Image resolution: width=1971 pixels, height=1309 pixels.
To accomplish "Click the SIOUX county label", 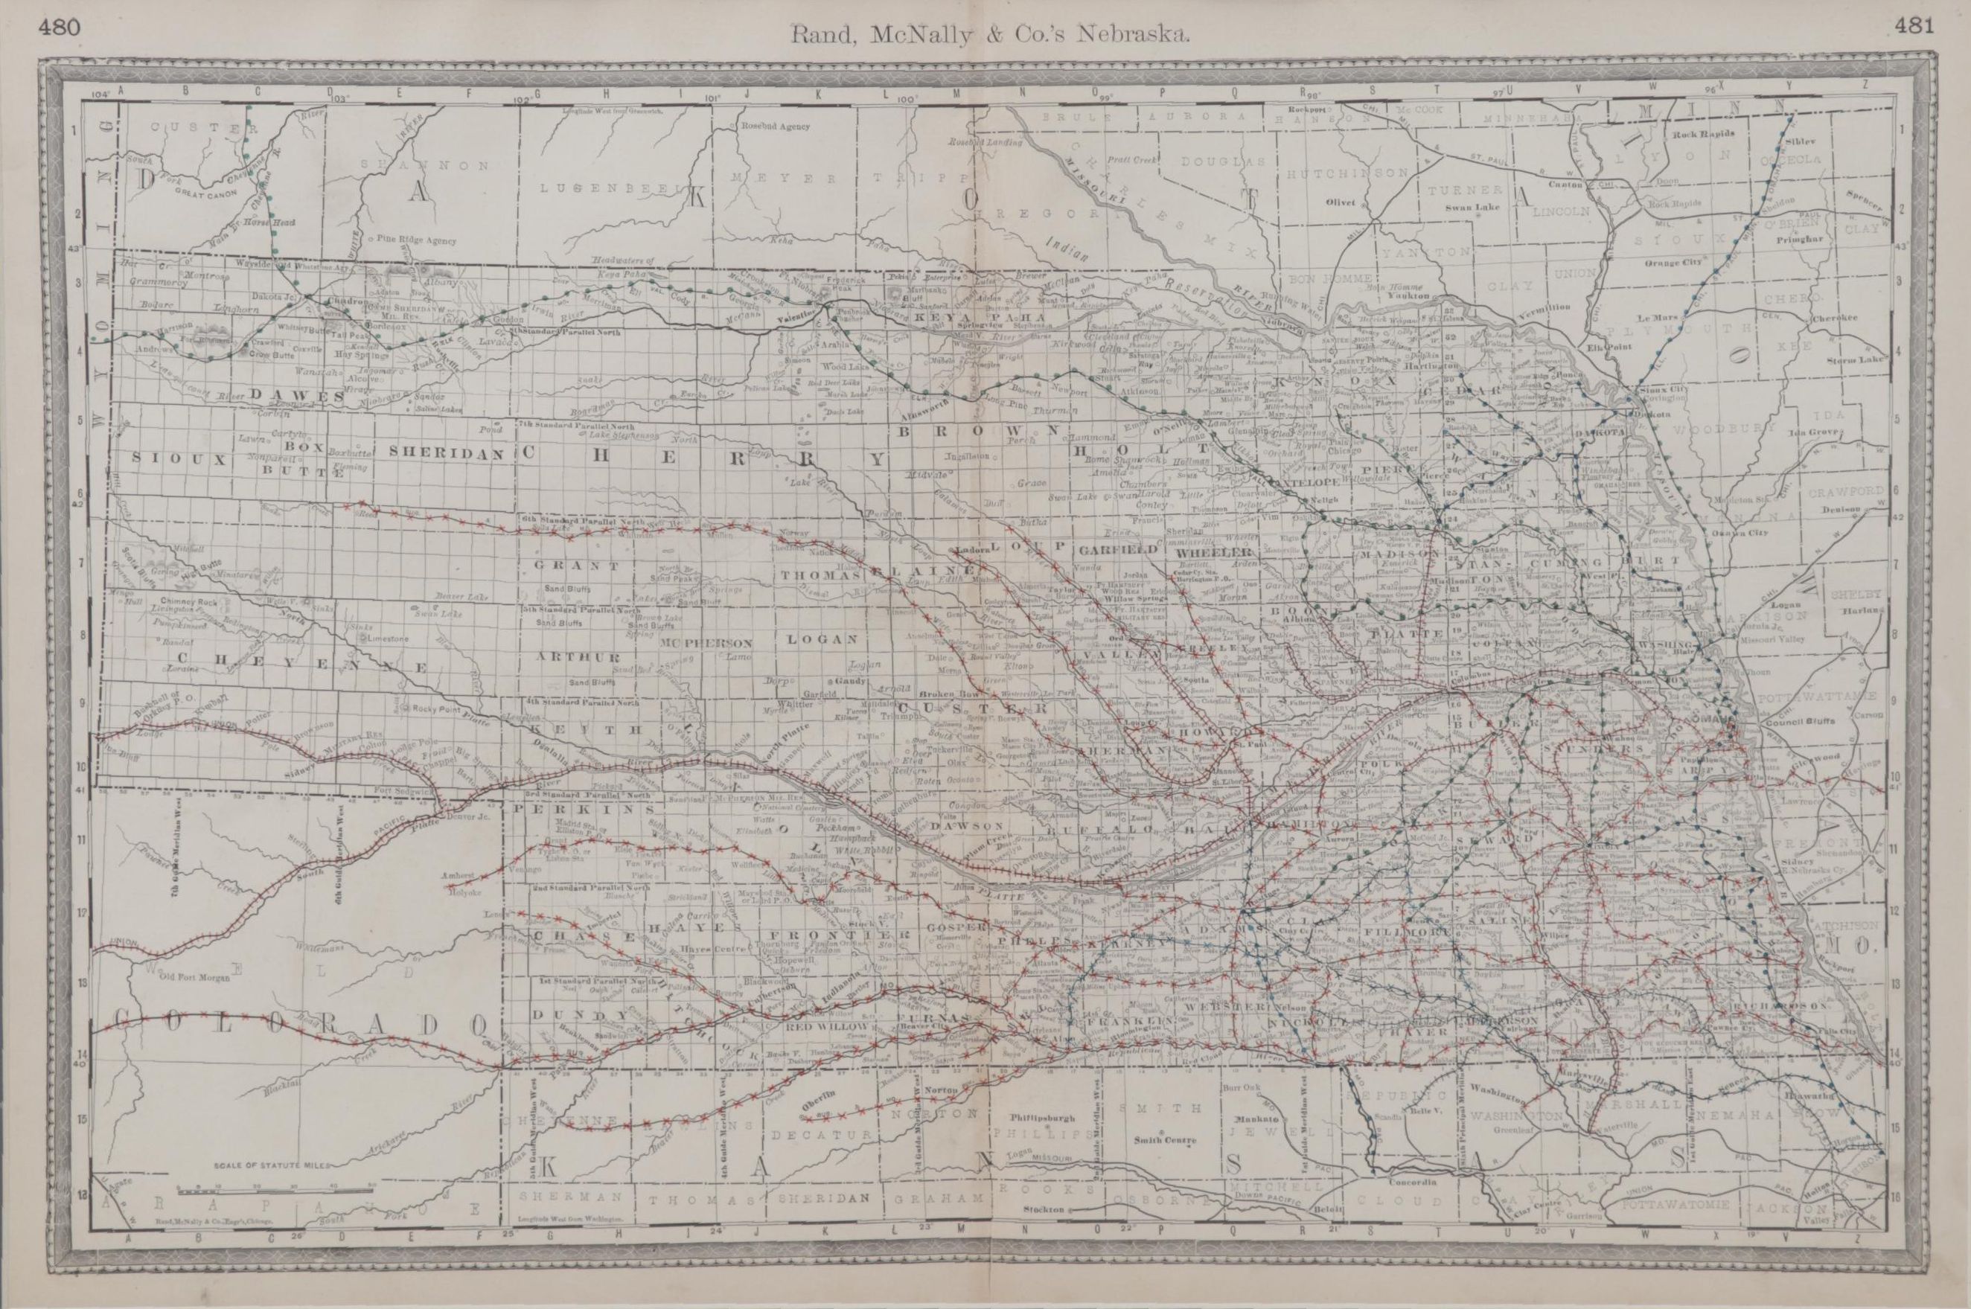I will click(x=179, y=458).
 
